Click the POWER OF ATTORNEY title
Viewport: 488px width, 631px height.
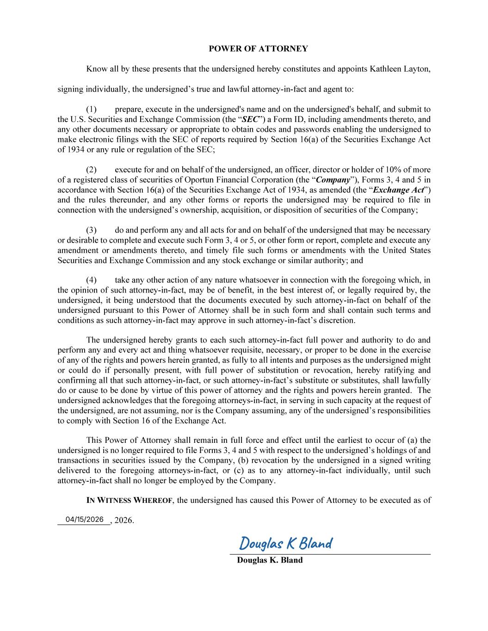(x=258, y=49)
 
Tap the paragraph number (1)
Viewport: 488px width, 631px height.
(x=91, y=109)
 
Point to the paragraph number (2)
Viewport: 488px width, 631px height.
(x=91, y=169)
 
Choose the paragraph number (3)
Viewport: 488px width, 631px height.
(x=91, y=230)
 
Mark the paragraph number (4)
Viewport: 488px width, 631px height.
(x=91, y=280)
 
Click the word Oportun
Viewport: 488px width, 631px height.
(x=198, y=179)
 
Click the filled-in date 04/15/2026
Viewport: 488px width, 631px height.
(x=85, y=519)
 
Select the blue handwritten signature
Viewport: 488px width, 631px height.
(x=286, y=543)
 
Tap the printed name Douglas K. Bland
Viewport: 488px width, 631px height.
(x=270, y=560)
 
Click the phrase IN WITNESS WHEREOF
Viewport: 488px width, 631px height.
(x=130, y=500)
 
